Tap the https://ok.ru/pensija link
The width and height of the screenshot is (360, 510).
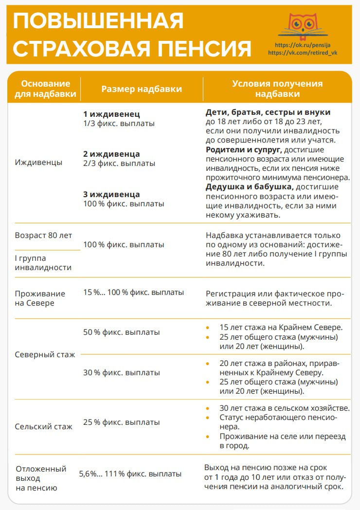(303, 45)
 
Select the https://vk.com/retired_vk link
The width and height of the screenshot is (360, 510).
(303, 53)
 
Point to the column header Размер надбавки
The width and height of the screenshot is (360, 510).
(142, 89)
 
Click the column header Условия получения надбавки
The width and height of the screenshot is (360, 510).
(277, 89)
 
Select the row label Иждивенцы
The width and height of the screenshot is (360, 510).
(39, 162)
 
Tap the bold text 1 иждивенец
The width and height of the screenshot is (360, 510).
(111, 114)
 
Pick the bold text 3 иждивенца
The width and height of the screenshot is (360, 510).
(111, 194)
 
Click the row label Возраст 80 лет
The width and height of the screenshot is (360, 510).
(43, 235)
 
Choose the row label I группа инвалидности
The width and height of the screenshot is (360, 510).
(43, 263)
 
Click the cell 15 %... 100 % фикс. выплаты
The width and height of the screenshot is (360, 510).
(133, 292)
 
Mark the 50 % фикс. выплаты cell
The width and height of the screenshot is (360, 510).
(122, 332)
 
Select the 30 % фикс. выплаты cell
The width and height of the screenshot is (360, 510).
(122, 372)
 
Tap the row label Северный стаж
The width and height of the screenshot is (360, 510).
(45, 354)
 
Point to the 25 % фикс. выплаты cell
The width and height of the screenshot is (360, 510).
(122, 422)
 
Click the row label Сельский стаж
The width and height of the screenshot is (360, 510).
(44, 426)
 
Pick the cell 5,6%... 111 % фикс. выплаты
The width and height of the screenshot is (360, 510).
(130, 474)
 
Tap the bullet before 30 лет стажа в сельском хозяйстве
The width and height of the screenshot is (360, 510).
(208, 408)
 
